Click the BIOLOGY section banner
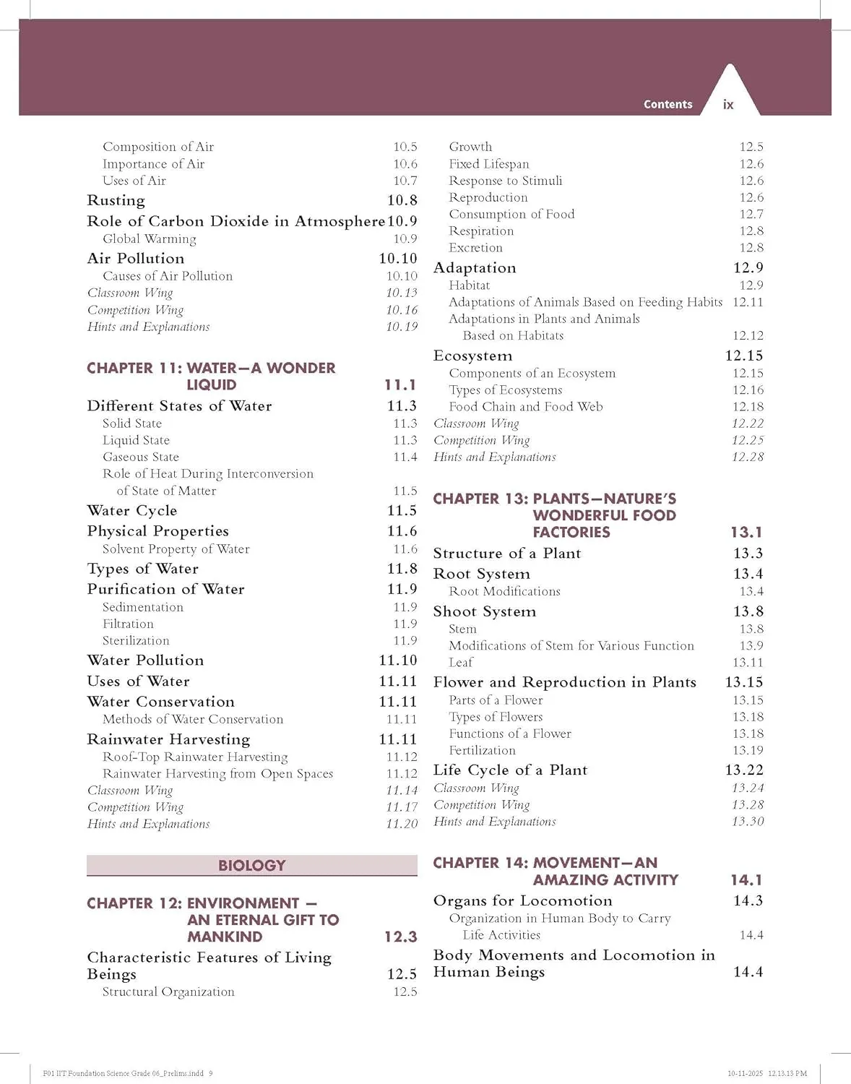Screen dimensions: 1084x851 coord(251,865)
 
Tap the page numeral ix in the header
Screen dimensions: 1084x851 coord(728,105)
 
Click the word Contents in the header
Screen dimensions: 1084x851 coord(668,104)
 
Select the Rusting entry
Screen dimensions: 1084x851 coord(116,200)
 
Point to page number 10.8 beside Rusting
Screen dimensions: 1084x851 coord(402,200)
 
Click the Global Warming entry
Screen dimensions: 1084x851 coord(149,238)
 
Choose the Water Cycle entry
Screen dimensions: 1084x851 coord(131,510)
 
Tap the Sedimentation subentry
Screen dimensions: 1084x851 coord(142,607)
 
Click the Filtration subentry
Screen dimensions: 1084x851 coord(128,624)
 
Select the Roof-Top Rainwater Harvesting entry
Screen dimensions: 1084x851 coord(194,757)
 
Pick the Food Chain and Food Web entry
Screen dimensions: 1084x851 coord(525,406)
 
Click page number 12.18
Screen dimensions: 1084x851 coord(748,406)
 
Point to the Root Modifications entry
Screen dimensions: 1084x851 coord(504,591)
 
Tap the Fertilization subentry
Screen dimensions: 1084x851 coord(482,750)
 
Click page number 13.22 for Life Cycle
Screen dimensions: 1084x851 coord(744,770)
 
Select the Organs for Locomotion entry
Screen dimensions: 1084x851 coord(522,900)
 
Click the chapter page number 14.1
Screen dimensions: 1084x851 coord(746,879)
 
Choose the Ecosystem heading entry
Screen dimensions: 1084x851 coord(472,356)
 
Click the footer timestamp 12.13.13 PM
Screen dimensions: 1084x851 coord(787,1074)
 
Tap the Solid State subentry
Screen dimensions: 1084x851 coord(131,423)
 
